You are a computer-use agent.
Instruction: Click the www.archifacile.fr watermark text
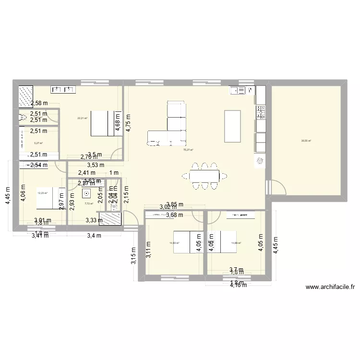coord(330,288)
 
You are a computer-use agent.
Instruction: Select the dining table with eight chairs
coord(204,176)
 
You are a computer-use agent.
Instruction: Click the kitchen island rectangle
coord(232,126)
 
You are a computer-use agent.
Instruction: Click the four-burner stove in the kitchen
coord(262,112)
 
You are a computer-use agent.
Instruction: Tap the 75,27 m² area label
coord(188,150)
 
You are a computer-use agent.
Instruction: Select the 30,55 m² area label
coord(306,141)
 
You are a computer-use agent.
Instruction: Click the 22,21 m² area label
coord(83,118)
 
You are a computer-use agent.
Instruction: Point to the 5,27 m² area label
coord(38,143)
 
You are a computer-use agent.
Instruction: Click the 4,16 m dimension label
coord(238,285)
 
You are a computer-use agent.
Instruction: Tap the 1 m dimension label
coord(114,173)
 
